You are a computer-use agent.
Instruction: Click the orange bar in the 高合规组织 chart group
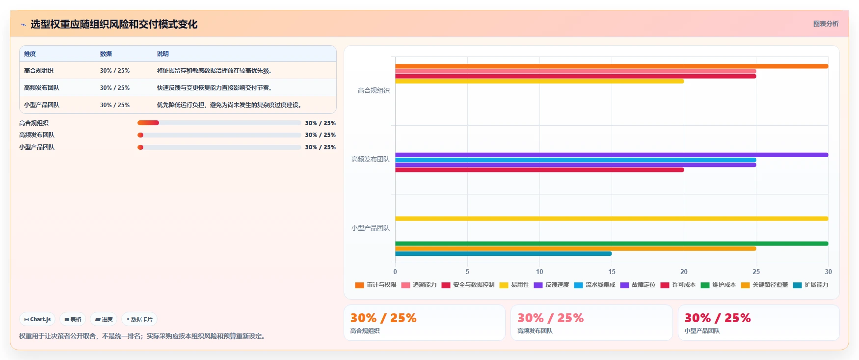(612, 66)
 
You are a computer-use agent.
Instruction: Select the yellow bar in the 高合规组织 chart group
(539, 81)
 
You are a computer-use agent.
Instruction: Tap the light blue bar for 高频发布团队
(575, 160)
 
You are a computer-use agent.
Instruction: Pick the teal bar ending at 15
(503, 254)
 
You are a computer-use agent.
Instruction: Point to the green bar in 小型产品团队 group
(612, 244)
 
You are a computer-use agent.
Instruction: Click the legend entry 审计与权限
(376, 285)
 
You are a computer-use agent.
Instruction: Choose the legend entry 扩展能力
(810, 285)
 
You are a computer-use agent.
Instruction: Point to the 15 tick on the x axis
(612, 272)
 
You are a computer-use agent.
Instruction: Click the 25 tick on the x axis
(756, 272)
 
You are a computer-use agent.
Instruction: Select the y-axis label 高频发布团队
(370, 159)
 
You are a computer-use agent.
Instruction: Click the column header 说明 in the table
(163, 54)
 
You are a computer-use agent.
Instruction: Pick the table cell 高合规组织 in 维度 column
(39, 71)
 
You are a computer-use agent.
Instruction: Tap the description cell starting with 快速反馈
(215, 88)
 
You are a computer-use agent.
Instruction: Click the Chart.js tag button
(37, 319)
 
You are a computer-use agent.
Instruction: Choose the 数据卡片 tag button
(139, 319)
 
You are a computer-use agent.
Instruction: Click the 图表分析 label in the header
(826, 24)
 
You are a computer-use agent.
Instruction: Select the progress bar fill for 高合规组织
(148, 123)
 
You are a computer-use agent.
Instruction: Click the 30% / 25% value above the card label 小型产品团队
(718, 318)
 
